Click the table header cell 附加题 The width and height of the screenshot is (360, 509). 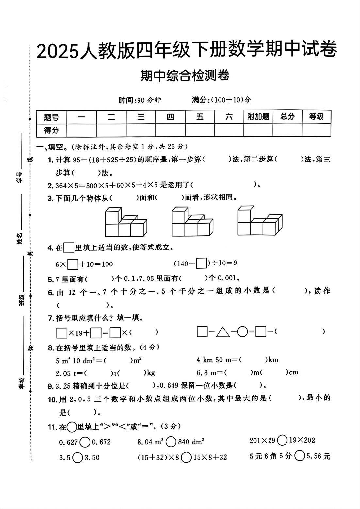(258, 117)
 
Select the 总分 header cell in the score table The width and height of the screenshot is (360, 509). (287, 117)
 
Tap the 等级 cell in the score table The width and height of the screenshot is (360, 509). (316, 117)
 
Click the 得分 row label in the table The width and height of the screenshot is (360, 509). (51, 130)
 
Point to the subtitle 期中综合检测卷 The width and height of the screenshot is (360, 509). (185, 76)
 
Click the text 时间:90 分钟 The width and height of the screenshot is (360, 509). (140, 100)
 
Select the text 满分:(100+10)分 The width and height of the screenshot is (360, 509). (221, 100)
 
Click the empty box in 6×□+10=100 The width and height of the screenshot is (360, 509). (73, 264)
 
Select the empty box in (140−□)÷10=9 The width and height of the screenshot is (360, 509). (202, 263)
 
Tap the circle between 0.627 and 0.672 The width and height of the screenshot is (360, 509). (85, 442)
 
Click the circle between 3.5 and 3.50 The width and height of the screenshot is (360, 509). (77, 457)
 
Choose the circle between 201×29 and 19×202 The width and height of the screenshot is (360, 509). (282, 440)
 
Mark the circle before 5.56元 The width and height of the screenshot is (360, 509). (300, 456)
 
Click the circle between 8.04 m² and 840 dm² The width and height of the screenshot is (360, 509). (171, 442)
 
